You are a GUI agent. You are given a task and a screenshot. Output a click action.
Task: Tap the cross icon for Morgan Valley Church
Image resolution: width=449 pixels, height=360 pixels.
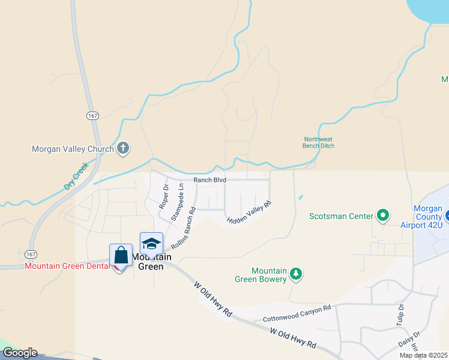coord(123,148)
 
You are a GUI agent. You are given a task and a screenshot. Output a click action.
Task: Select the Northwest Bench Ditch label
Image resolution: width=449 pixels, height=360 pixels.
coord(318,142)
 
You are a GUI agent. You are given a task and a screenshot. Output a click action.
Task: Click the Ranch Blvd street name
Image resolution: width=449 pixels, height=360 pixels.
coord(209,179)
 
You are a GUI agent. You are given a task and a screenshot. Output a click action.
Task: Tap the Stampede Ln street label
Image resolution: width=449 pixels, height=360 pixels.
coord(178,202)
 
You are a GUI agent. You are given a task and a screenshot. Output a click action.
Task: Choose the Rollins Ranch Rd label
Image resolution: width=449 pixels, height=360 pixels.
coord(184,229)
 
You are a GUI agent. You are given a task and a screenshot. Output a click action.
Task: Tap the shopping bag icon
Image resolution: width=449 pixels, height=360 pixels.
coord(121,255)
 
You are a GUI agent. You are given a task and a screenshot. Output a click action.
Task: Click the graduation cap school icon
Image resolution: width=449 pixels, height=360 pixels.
coord(151,244)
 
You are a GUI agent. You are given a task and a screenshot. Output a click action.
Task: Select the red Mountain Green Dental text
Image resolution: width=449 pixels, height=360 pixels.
coord(67,266)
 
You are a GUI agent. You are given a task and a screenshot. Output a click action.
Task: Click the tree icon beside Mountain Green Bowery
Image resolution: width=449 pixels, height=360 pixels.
coord(295,274)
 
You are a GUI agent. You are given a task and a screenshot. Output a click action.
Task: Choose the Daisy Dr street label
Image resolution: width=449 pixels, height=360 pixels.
coord(408,340)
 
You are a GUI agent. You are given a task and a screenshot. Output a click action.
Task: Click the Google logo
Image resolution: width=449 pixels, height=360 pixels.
coord(19,353)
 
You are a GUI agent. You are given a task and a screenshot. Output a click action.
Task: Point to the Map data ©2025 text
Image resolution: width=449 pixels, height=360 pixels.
coord(423,355)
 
